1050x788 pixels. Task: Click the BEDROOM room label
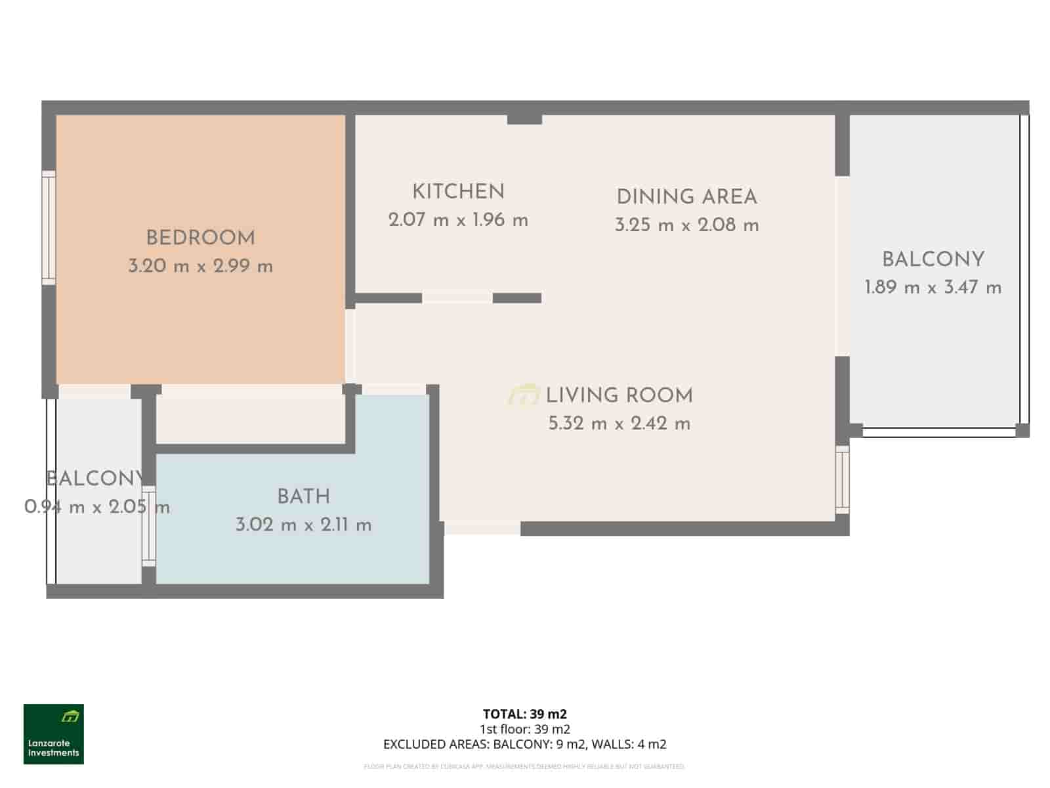pos(200,238)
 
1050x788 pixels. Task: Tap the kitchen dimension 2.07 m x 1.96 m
pos(458,221)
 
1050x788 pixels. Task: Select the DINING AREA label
pos(686,197)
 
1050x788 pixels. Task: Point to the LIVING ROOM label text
pos(619,395)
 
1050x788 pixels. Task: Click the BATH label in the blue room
pos(303,496)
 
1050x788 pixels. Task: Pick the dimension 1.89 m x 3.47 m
pos(933,288)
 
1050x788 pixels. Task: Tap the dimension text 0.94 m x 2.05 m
pos(97,507)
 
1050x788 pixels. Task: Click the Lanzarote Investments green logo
pos(54,734)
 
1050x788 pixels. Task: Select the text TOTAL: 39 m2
pos(524,714)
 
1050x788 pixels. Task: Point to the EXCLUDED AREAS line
pos(524,744)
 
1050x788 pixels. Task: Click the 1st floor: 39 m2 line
pos(524,729)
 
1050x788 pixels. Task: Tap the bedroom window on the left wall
pos(49,228)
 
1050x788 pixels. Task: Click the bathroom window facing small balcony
pos(149,526)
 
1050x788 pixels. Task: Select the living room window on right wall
pos(842,479)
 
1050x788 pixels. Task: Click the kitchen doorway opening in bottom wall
pos(457,298)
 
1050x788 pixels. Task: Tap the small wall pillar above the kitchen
pos(524,119)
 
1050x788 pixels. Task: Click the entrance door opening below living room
pos(482,528)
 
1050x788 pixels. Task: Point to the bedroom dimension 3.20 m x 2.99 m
pos(200,267)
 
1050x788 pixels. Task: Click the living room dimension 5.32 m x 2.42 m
pos(619,424)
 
